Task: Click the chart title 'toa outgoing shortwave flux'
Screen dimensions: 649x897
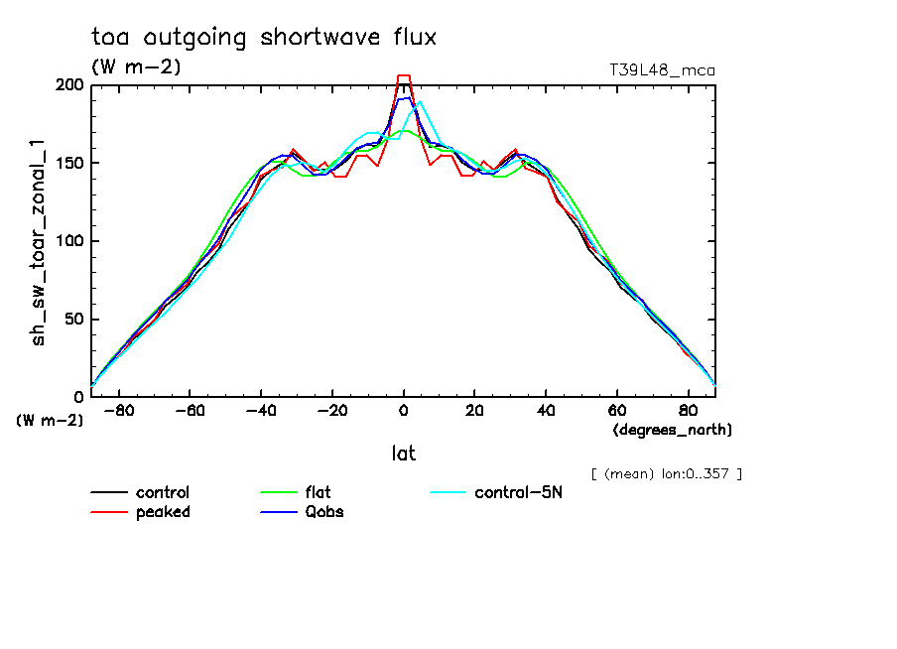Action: pos(263,38)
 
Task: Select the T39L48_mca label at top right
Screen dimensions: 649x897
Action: pos(662,70)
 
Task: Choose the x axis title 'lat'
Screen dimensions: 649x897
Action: pos(403,454)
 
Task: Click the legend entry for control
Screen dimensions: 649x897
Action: pos(162,493)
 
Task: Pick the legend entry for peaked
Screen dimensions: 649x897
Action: pos(162,512)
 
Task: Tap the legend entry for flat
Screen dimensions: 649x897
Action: pos(318,493)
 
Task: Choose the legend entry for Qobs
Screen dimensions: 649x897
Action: pos(324,512)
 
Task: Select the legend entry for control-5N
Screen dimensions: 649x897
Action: pos(518,493)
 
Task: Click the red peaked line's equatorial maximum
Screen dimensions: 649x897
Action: pos(404,75)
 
